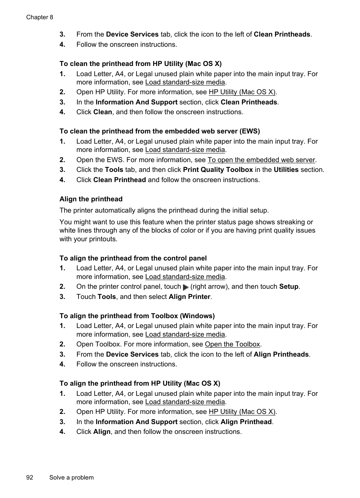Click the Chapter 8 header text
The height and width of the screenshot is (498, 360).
point(40,17)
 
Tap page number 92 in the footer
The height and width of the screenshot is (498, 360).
point(30,477)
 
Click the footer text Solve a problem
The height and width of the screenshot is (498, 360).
point(71,477)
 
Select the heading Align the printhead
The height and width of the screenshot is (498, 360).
point(91,199)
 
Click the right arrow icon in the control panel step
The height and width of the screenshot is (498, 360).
point(185,287)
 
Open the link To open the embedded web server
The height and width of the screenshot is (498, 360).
point(261,160)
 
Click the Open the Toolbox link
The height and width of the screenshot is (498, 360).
point(232,344)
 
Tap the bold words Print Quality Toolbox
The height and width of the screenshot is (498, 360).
point(218,170)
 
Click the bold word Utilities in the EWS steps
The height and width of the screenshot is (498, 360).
point(286,170)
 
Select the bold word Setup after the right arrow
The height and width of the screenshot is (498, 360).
point(289,287)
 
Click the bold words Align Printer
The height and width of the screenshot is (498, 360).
point(189,297)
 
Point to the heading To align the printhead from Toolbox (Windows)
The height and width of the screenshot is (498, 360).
point(137,316)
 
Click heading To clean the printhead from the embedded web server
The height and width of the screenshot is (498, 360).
point(160,131)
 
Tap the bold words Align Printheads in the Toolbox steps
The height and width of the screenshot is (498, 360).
point(281,354)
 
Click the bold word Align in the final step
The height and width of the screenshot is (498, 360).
point(102,432)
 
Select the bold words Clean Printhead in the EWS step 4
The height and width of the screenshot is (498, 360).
point(120,180)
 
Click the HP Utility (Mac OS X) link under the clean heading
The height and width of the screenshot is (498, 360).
point(242,92)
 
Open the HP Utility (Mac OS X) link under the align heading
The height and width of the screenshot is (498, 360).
point(242,412)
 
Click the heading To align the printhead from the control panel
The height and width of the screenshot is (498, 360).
point(133,258)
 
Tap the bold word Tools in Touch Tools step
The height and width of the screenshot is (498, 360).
point(106,297)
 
